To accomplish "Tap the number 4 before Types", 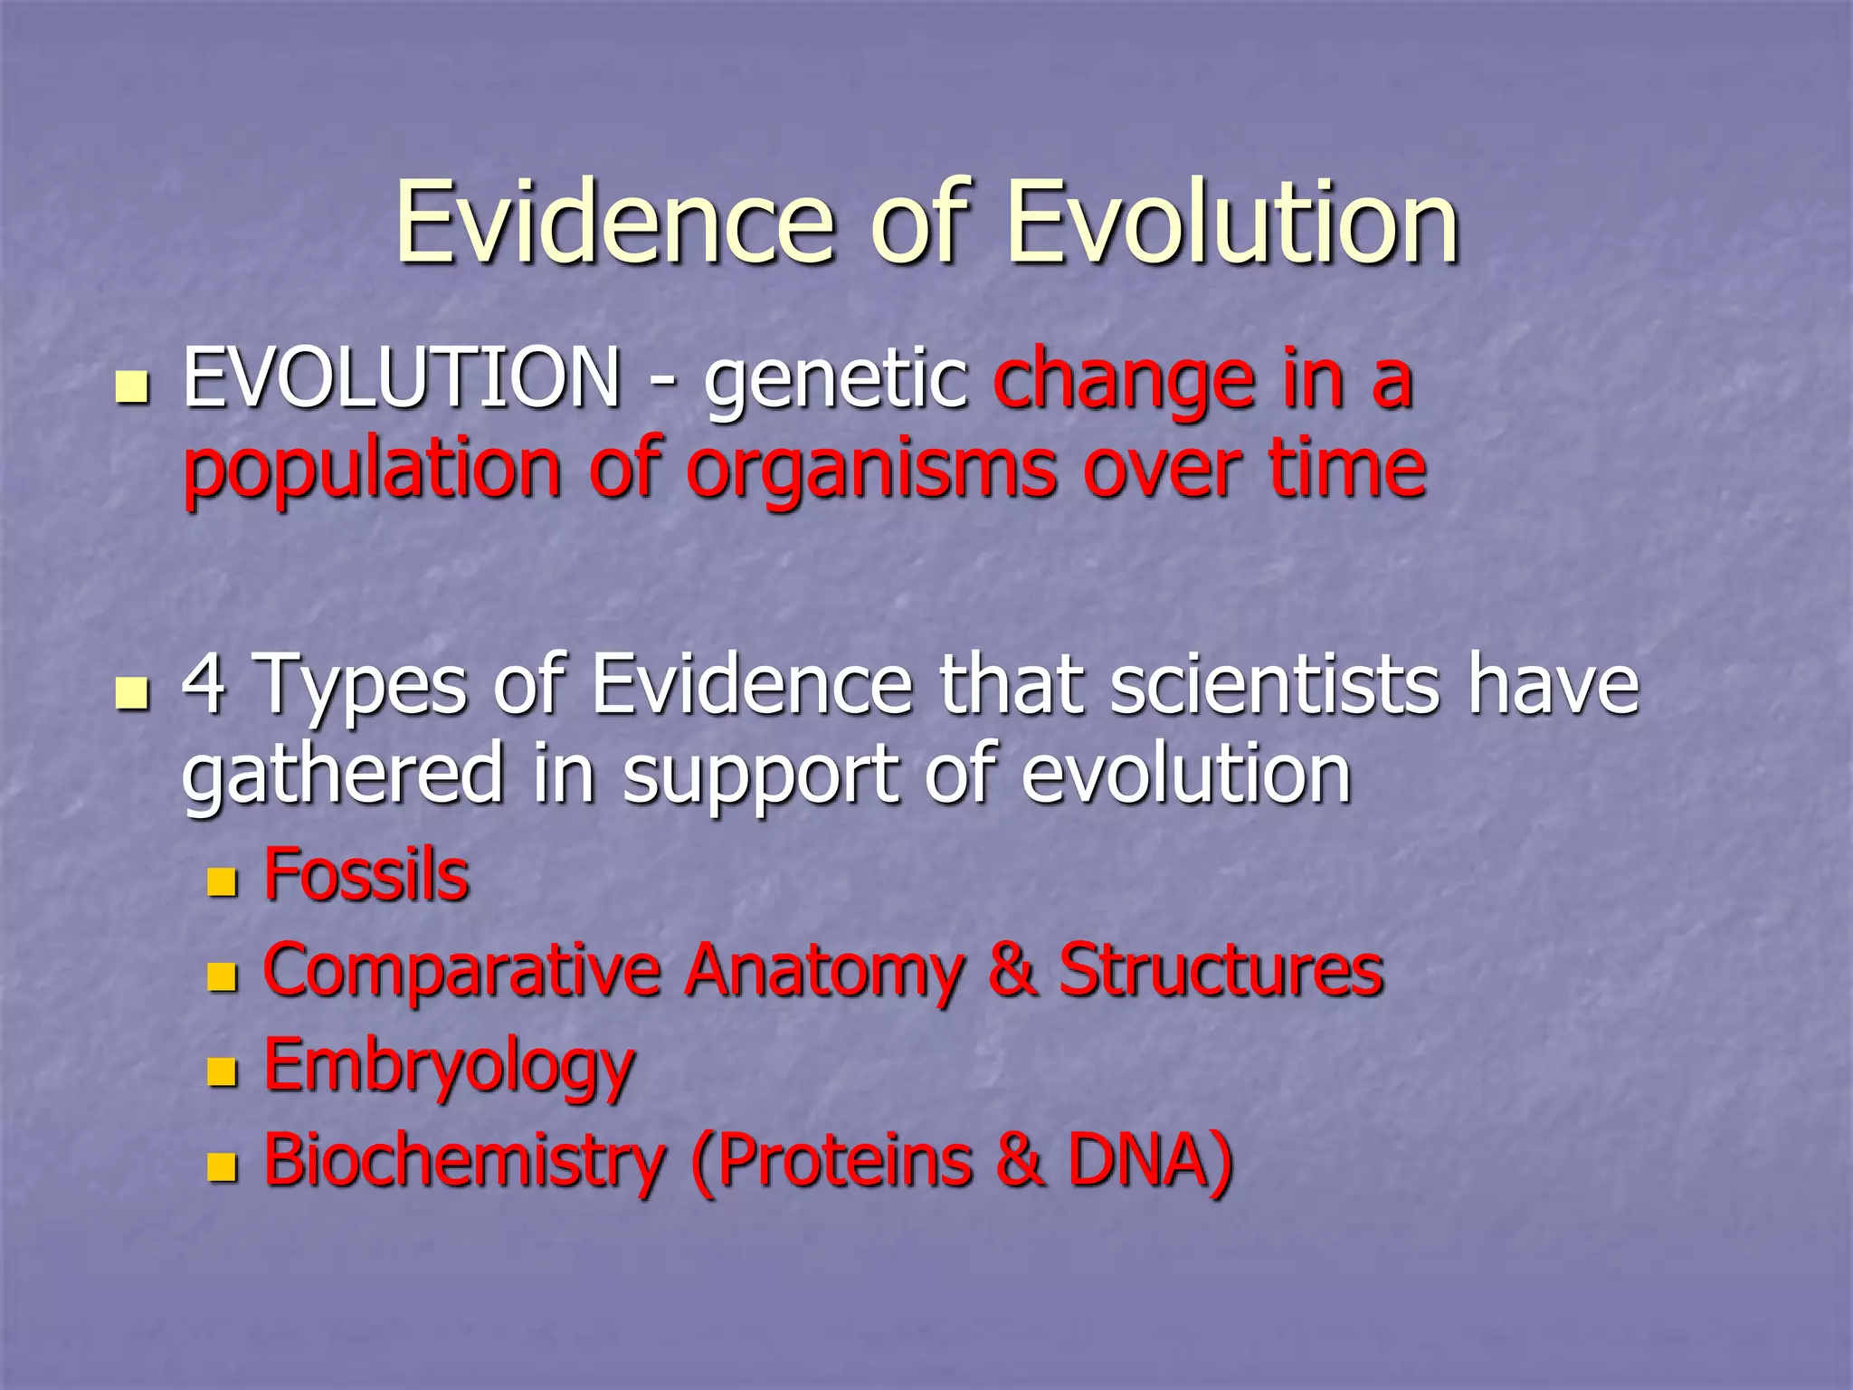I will click(x=204, y=684).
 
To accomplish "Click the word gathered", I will click(x=342, y=776).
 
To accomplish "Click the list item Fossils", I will click(x=366, y=875).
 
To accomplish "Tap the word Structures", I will click(x=1221, y=970).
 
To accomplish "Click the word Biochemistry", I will click(x=464, y=1161).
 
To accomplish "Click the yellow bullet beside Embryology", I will click(x=222, y=1071).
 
